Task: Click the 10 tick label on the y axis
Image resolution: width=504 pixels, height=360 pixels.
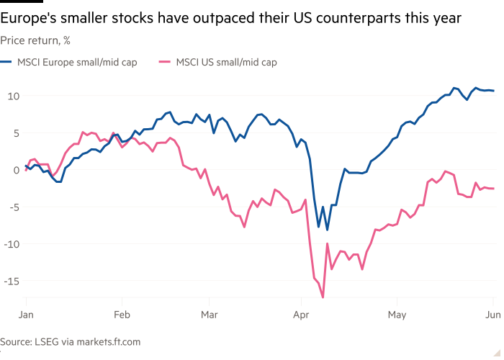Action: tap(12, 96)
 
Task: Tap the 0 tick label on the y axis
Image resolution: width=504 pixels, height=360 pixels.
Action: tap(15, 170)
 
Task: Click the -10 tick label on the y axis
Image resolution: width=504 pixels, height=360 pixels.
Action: tap(11, 243)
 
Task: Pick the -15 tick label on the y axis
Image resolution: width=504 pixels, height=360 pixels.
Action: tap(11, 280)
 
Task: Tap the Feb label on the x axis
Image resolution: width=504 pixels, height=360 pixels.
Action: tap(121, 315)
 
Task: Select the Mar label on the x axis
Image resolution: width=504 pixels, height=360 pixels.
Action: tap(209, 315)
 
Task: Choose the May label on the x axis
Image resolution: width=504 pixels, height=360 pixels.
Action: tap(397, 315)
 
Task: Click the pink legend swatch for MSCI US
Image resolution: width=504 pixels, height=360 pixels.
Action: tap(165, 62)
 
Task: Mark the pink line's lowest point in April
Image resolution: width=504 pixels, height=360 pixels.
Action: tap(323, 297)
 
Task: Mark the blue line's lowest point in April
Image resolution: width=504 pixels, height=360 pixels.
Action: tap(327, 230)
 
